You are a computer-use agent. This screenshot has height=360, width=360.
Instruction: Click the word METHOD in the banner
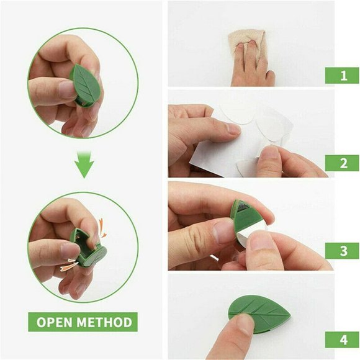coord(106,322)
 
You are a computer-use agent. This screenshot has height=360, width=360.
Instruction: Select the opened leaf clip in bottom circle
coord(87,246)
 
